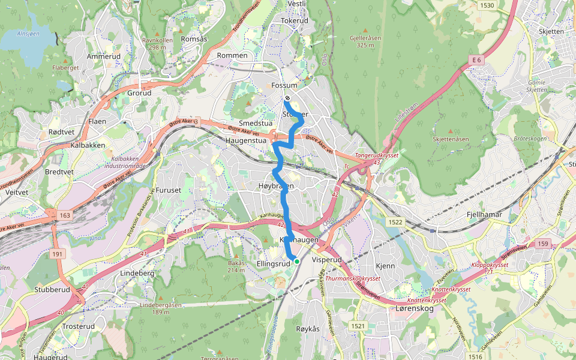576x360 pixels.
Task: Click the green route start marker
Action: [x=296, y=261]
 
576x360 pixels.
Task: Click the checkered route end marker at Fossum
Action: [x=288, y=98]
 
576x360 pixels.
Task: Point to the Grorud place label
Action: [x=139, y=93]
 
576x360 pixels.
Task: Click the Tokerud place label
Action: [x=295, y=20]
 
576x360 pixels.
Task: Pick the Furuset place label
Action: [x=168, y=190]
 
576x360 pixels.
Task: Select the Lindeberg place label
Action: [x=138, y=273]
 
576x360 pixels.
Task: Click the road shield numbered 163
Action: [x=65, y=214]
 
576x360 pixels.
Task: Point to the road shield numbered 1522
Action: [x=395, y=222]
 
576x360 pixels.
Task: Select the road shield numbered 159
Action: [x=543, y=244]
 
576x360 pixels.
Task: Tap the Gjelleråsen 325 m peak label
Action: [x=365, y=41]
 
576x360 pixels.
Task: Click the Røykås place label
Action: [x=308, y=329]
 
